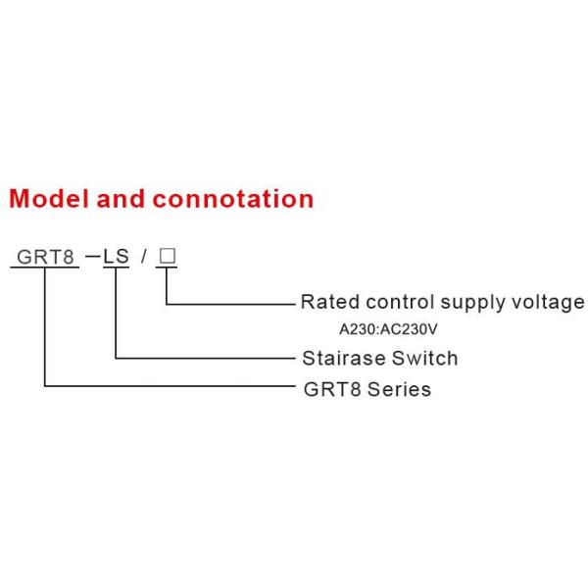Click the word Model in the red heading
49,198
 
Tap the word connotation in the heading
233,199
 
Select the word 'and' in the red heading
121,198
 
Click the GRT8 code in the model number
45,257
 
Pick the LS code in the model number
116,257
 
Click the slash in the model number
143,257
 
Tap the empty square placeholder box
168,256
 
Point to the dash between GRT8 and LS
93,257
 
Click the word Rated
330,302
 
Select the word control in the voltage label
400,302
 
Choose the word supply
472,304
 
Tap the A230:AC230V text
388,329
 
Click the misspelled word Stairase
343,358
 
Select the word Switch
424,358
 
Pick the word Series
399,389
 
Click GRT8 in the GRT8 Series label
332,389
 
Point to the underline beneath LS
116,268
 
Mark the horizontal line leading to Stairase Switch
205,358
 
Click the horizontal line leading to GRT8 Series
170,385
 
